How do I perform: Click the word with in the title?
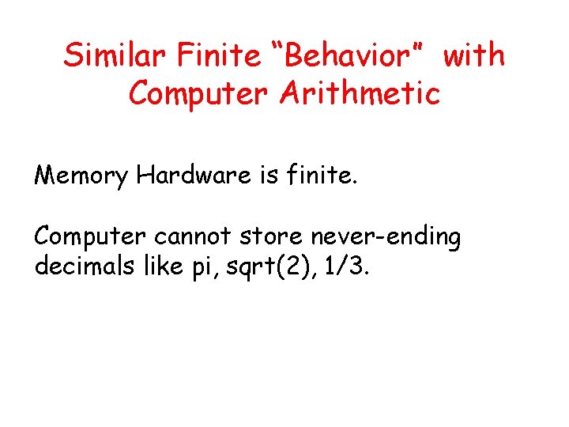tap(473, 56)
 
